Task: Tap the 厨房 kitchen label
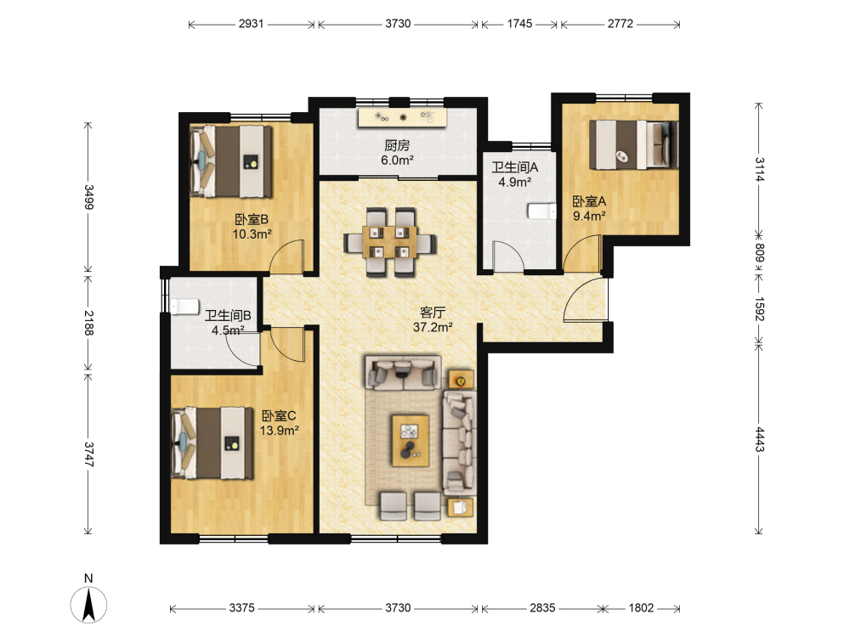(x=397, y=145)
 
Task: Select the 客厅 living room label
(x=433, y=312)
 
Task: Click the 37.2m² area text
(x=433, y=327)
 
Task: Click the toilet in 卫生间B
(x=184, y=307)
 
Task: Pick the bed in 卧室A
(x=634, y=144)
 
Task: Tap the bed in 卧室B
(x=231, y=161)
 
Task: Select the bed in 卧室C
(x=212, y=443)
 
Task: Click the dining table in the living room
(x=389, y=241)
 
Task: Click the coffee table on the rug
(x=411, y=440)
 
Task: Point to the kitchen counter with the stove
(x=403, y=117)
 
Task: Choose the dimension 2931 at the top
(x=251, y=23)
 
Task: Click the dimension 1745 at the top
(x=519, y=23)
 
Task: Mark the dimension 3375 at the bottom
(x=241, y=608)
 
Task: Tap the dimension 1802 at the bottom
(x=641, y=608)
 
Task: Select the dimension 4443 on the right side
(x=759, y=439)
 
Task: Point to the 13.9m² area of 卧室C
(x=279, y=431)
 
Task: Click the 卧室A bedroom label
(x=589, y=201)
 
